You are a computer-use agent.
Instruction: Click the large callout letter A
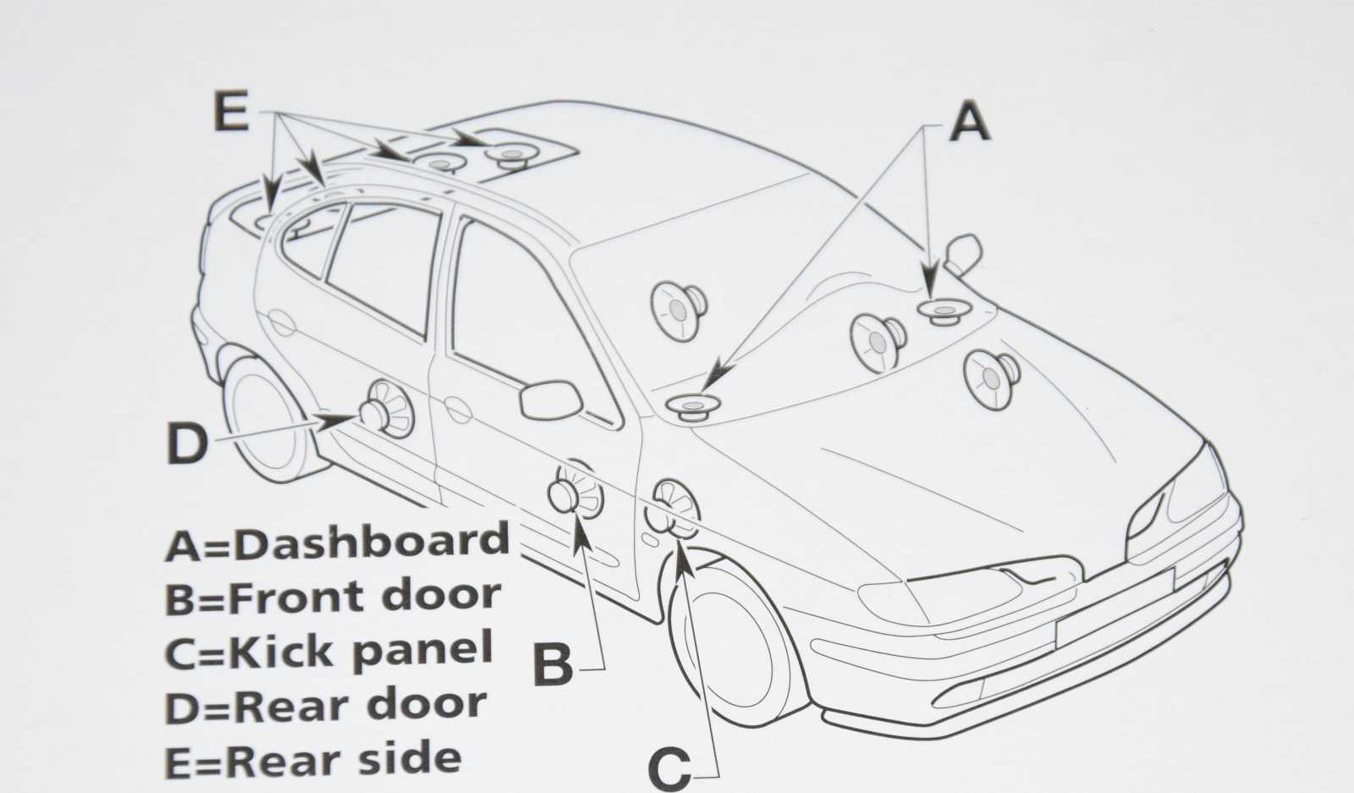pos(969,122)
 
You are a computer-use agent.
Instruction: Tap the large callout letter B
pos(553,663)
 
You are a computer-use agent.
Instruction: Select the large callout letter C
pos(669,769)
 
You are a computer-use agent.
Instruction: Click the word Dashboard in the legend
pos(372,542)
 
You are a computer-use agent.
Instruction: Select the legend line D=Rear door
pos(326,705)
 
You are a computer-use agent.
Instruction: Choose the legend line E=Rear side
pos(314,759)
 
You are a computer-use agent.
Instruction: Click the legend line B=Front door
pos(333,595)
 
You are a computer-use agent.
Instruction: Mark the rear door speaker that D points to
pos(388,409)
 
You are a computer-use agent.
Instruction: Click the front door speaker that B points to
pos(575,489)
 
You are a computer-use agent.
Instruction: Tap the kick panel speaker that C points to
pos(671,509)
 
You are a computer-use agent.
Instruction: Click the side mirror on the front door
pos(551,400)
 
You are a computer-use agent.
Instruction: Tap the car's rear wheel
pos(266,417)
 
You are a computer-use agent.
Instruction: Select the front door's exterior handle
pos(458,410)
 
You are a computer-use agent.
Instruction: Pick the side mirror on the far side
pos(963,255)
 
